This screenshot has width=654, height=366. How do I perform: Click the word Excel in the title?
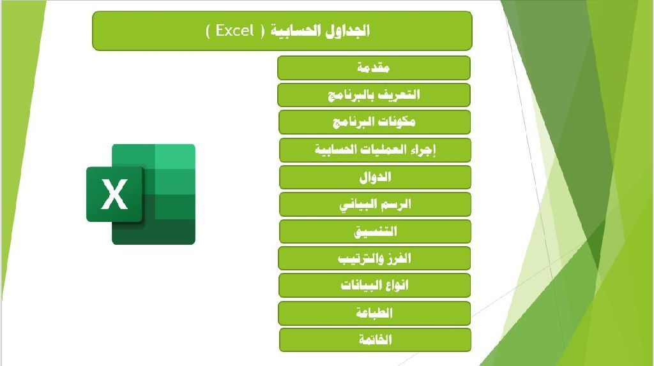(235, 31)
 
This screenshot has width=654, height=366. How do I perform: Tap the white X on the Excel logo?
(114, 194)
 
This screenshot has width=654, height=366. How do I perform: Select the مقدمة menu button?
(374, 68)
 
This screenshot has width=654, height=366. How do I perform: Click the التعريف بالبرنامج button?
(374, 95)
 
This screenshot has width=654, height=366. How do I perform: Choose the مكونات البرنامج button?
(374, 122)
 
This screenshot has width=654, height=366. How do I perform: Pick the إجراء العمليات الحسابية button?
(375, 150)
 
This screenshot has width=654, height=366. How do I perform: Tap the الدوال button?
(375, 177)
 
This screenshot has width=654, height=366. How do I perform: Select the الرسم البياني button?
(375, 204)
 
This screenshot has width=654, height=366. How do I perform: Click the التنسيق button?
(375, 231)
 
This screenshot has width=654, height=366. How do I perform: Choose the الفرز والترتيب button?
(374, 258)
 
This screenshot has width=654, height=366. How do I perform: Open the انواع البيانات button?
(374, 285)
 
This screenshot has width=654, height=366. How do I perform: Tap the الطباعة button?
(374, 312)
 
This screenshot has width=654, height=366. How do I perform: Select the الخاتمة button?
(375, 340)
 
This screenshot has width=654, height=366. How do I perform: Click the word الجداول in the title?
(347, 31)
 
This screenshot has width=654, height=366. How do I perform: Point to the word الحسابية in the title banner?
(296, 31)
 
